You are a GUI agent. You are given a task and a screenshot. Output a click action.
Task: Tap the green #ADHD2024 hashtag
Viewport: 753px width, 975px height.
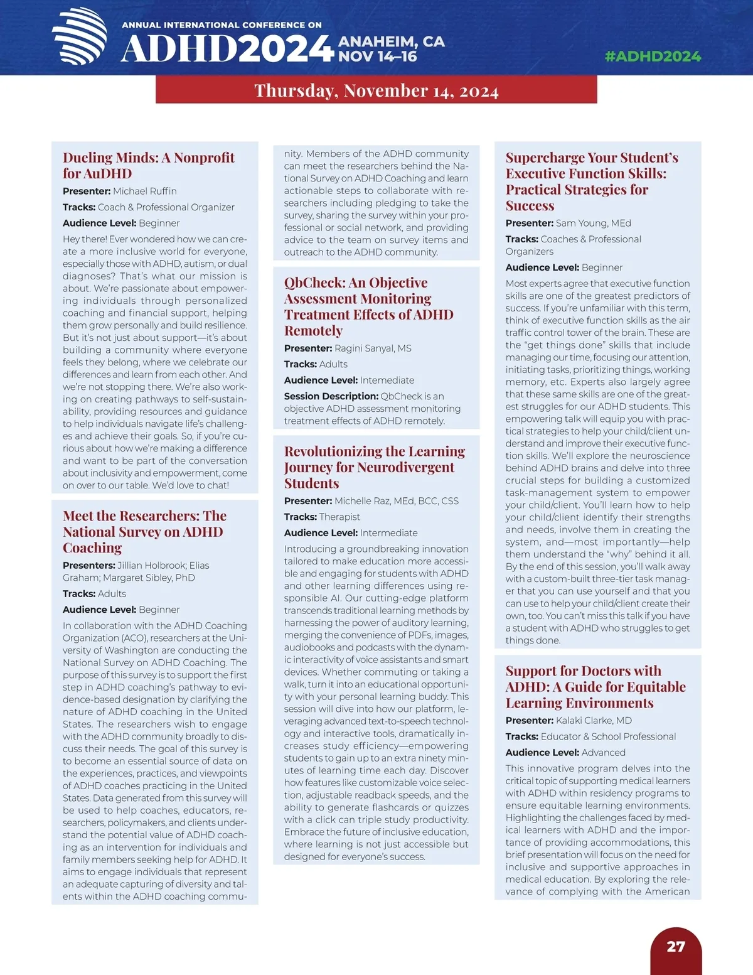653,57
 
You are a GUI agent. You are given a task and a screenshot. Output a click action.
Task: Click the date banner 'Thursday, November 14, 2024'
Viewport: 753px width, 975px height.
376,91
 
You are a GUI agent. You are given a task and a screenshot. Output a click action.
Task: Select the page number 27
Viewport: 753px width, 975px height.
676,947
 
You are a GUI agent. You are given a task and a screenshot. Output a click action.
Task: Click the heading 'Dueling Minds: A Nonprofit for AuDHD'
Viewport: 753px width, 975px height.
149,166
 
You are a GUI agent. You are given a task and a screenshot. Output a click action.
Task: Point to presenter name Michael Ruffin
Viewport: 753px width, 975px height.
145,191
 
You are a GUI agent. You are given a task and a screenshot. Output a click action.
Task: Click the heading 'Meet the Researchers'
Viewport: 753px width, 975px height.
144,532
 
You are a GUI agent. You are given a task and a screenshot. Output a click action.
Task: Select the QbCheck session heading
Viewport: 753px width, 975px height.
368,306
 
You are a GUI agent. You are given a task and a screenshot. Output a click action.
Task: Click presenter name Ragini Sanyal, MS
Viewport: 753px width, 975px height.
373,348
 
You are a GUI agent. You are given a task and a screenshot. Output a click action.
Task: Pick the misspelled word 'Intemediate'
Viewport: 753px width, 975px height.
387,380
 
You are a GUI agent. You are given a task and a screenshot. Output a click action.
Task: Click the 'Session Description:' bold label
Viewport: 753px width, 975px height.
331,396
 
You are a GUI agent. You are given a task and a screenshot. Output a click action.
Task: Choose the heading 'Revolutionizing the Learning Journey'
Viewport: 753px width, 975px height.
375,467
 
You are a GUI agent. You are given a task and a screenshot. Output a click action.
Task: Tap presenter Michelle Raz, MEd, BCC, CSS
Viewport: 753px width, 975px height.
397,501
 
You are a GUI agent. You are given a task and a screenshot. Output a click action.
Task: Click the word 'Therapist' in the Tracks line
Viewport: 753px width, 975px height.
339,517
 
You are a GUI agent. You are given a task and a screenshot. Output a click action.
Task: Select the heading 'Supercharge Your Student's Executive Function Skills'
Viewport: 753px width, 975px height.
592,181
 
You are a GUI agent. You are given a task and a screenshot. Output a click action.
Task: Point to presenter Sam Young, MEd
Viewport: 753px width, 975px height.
594,223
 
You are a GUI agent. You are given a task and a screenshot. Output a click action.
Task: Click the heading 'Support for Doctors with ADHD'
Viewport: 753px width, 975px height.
595,687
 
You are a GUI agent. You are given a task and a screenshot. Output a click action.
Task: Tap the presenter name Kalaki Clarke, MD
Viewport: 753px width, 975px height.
594,720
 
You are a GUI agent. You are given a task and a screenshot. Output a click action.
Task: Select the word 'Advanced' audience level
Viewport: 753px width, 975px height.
604,752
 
